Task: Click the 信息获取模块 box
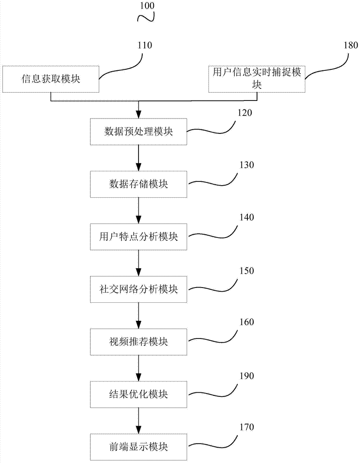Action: (x=51, y=79)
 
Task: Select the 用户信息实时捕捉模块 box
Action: (x=257, y=79)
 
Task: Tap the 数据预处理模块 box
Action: (x=139, y=131)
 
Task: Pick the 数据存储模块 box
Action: (x=139, y=184)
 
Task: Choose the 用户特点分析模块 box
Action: (x=139, y=237)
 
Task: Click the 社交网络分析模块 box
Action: (x=139, y=289)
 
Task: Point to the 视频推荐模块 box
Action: (x=139, y=342)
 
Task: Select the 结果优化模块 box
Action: (x=139, y=394)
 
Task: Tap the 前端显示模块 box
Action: (x=139, y=447)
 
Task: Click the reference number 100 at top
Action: (x=147, y=6)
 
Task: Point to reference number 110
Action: (x=145, y=45)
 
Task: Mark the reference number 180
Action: (x=351, y=45)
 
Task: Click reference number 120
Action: (x=245, y=113)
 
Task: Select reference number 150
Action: (x=246, y=271)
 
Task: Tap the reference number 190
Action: (x=246, y=376)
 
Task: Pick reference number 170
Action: (x=246, y=427)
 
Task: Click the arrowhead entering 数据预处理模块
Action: (x=139, y=114)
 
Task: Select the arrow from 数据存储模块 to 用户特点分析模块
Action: (x=139, y=211)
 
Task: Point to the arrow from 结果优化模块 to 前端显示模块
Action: (x=139, y=421)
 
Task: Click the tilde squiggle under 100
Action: (x=146, y=18)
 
